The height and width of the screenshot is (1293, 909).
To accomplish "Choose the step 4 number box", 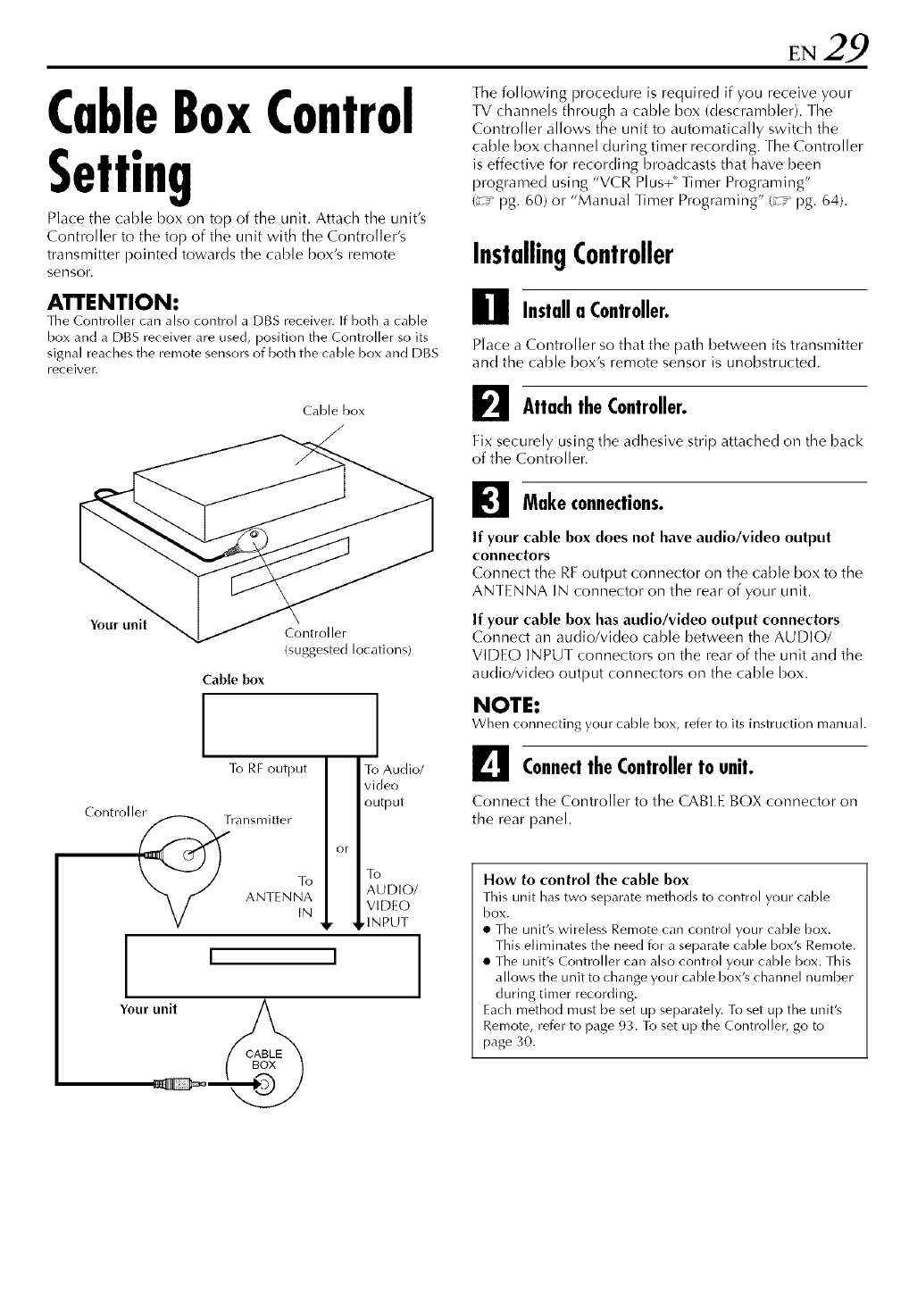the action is pos(488,764).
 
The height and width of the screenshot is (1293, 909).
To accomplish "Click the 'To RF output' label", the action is pos(268,769).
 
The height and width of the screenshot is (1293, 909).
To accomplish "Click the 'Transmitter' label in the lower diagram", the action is pos(258,819).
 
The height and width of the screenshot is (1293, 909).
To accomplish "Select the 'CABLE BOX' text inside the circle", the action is pos(263,1059).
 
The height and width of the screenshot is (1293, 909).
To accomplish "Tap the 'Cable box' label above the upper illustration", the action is pos(333,411).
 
